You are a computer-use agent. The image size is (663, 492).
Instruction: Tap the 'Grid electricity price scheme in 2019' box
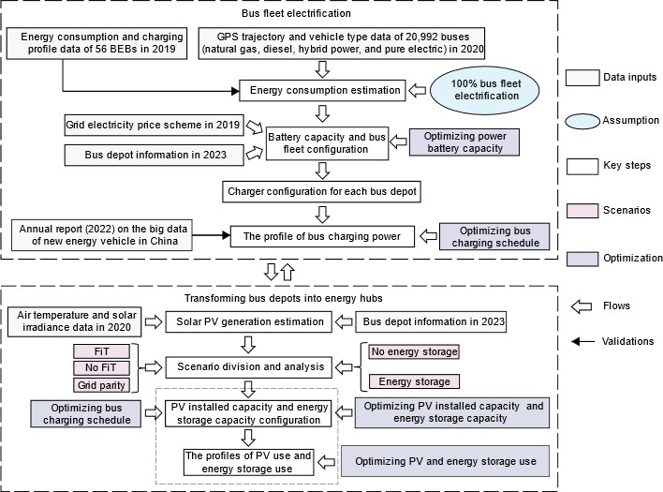155,125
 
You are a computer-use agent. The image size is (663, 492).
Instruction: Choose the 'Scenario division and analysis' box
245,365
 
